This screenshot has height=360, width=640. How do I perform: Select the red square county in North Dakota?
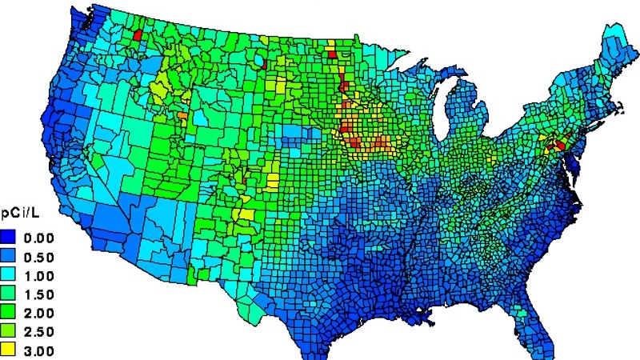coord(331,54)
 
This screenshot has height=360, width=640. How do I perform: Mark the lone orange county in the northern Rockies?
coord(183,115)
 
